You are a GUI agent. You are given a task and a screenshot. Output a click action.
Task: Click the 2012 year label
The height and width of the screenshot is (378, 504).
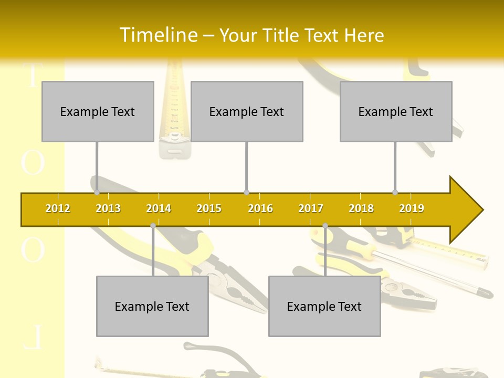58,208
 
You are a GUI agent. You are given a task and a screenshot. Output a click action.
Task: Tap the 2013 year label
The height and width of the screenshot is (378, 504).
108,208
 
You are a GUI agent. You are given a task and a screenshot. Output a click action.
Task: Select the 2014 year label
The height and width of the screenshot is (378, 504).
159,208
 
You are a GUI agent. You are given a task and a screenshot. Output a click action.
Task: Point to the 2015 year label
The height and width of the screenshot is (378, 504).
209,208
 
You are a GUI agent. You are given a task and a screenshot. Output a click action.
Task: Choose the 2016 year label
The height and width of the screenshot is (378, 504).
260,208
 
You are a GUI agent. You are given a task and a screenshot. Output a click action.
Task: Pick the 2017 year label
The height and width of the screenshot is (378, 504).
311,208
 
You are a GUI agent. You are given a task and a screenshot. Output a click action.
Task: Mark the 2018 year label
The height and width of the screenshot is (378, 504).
361,208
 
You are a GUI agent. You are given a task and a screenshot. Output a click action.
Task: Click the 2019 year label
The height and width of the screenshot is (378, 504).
412,208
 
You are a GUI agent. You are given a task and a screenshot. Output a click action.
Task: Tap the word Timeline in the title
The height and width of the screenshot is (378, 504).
157,35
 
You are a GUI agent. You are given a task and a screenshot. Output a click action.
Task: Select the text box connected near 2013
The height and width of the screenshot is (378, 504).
98,111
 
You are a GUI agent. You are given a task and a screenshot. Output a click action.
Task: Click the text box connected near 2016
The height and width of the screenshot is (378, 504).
247,111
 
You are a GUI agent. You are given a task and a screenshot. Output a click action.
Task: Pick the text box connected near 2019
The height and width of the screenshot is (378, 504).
396,111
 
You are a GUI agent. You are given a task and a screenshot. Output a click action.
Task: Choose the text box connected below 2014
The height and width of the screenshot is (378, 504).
152,306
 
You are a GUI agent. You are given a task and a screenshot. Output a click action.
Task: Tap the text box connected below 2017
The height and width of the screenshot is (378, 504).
324,306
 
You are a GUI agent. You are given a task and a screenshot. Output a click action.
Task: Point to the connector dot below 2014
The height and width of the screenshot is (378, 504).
153,226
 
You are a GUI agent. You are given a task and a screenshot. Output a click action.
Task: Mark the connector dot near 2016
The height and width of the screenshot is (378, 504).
246,192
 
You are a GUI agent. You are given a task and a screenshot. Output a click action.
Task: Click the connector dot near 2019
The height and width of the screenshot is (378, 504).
395,192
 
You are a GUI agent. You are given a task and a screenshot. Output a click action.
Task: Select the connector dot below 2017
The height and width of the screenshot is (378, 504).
325,226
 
